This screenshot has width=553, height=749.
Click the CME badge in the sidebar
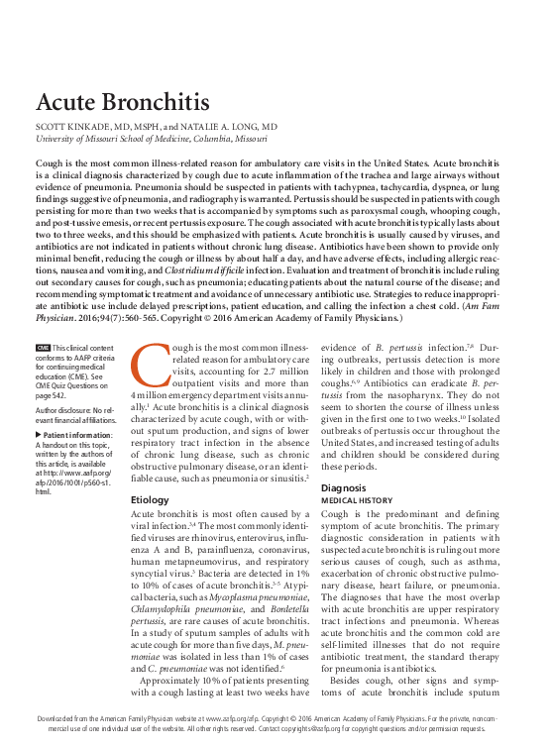coord(43,349)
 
